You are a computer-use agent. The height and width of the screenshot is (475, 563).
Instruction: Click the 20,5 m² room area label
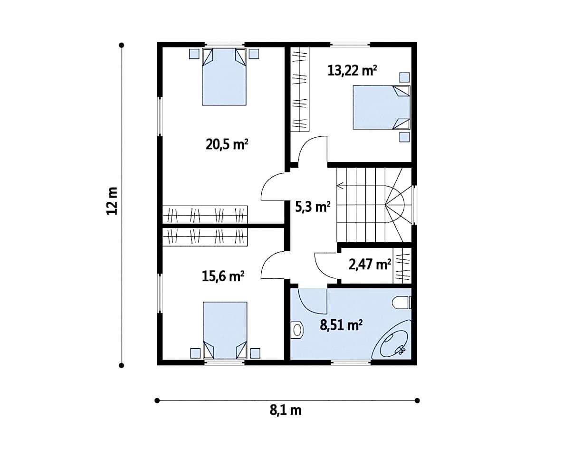tap(227, 144)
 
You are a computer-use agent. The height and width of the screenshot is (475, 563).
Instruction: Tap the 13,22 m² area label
tap(352, 70)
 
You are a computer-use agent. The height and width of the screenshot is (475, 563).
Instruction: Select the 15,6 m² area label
tap(223, 276)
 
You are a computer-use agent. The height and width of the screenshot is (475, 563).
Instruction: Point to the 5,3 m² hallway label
tap(313, 207)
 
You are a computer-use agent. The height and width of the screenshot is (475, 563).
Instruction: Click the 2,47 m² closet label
tap(370, 265)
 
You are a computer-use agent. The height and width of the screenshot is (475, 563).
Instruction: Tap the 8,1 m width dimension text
tap(286, 410)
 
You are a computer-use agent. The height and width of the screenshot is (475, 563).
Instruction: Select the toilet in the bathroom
tap(401, 303)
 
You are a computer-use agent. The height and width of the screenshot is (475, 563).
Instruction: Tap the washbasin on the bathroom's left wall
tap(297, 330)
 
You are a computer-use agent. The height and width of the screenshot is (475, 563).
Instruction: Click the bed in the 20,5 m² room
tap(224, 76)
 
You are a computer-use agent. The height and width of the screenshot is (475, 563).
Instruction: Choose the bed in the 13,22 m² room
tap(382, 107)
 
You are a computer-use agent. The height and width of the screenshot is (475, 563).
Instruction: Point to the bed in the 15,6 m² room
tap(225, 330)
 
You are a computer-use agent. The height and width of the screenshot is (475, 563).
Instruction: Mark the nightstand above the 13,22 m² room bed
tap(405, 77)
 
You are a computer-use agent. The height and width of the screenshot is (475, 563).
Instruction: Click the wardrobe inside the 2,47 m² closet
tap(402, 266)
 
